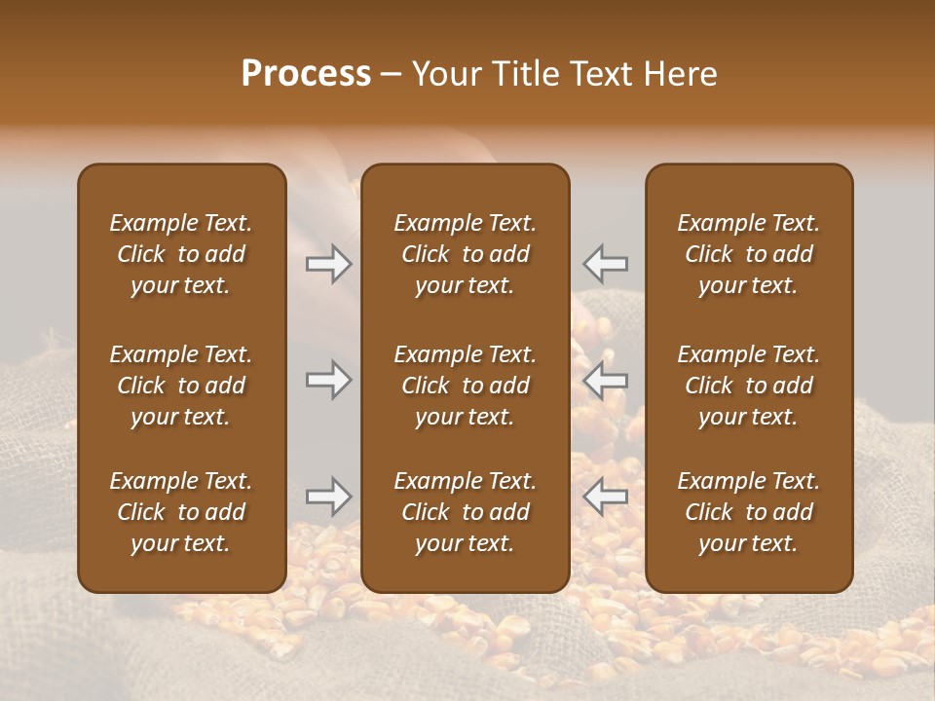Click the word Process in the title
pos(306,74)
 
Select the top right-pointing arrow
pos(328,263)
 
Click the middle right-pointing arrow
pos(328,380)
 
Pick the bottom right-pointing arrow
pos(328,497)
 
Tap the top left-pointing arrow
pos(605,263)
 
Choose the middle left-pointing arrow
pos(605,380)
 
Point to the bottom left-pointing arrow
pos(605,497)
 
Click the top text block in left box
pos(181,254)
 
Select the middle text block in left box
pos(181,386)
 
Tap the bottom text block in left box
pos(181,512)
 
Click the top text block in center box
pos(466,254)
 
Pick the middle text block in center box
pos(466,386)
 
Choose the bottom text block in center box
pos(466,512)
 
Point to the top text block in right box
pos(749,254)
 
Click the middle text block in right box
pos(749,386)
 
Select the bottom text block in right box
pos(749,512)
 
